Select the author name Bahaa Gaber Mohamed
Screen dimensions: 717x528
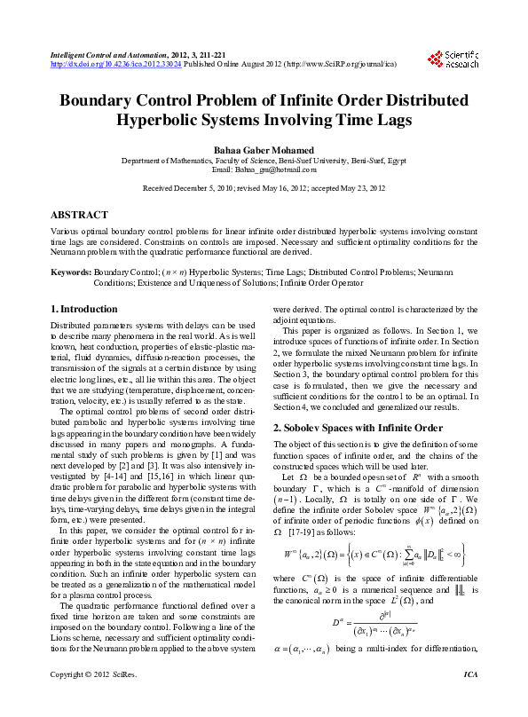(264, 153)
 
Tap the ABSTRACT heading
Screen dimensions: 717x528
(80, 216)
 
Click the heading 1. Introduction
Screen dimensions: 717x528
(83, 309)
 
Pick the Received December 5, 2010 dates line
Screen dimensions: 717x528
(264, 189)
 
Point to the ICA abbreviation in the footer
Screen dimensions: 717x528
(470, 700)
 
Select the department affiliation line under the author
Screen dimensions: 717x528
(264, 162)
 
